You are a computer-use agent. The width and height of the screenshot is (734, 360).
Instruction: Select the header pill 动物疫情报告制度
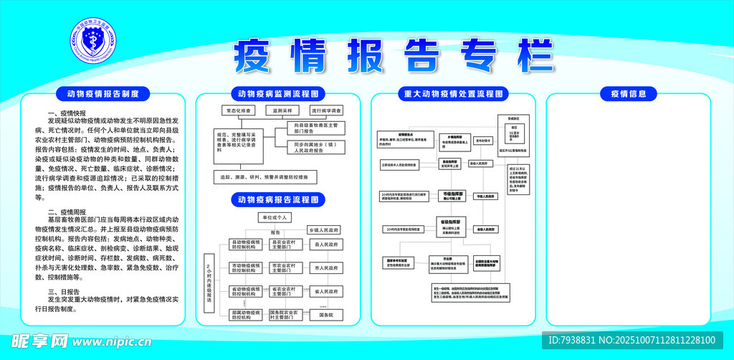coord(108,93)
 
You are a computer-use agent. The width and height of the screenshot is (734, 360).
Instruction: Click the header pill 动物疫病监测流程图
coord(277,93)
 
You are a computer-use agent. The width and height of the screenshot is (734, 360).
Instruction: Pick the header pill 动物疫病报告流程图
coord(277,199)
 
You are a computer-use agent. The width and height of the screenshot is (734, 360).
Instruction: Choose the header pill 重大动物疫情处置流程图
coord(452,93)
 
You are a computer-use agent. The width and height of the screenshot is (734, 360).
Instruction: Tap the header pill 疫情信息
coord(628,93)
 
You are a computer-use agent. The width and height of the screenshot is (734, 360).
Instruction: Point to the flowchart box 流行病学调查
coord(327,111)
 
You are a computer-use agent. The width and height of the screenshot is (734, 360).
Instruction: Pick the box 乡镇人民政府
coord(323,230)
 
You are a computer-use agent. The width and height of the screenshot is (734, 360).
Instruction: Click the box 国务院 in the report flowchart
coord(326,315)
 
